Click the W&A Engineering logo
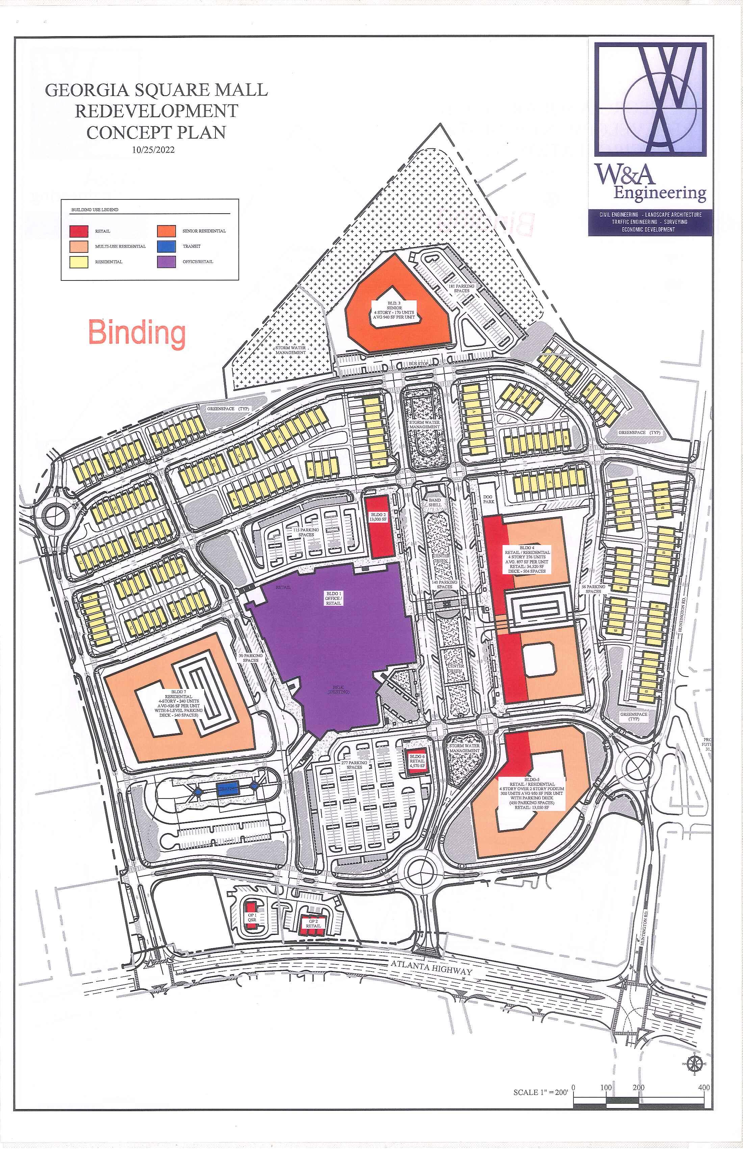point(650,139)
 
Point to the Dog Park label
point(489,499)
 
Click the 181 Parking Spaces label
point(461,288)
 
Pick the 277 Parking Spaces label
point(354,765)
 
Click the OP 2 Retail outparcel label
point(313,924)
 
